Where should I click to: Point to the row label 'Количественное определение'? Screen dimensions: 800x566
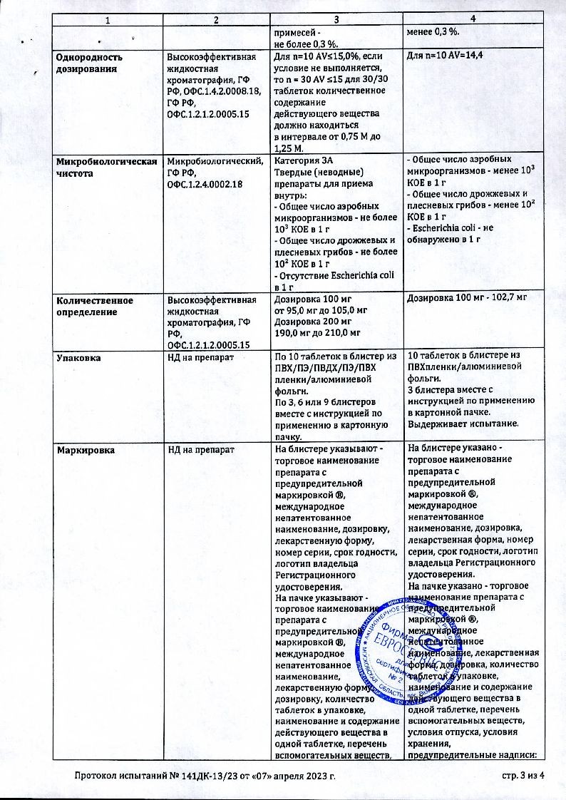tap(95, 306)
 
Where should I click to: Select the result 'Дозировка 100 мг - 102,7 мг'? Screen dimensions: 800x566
tap(466, 301)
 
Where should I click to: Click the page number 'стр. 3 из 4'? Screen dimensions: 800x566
tap(518, 775)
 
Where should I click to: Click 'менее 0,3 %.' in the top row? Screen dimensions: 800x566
tap(433, 32)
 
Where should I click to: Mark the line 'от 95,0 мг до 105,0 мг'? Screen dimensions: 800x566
tap(321, 311)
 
